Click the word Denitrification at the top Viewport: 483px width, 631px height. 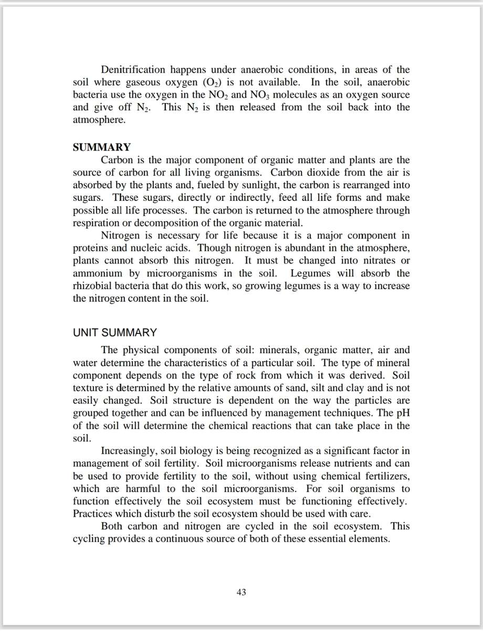[133, 69]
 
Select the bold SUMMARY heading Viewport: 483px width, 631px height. [101, 147]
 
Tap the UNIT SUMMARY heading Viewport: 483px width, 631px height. [114, 333]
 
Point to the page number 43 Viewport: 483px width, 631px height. [241, 593]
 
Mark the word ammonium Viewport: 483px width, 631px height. [97, 273]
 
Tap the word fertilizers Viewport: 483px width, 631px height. [385, 476]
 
